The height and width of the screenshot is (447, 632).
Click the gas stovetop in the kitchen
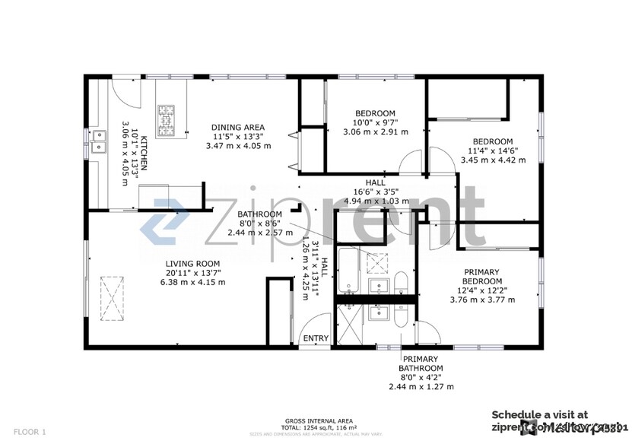click(x=166, y=119)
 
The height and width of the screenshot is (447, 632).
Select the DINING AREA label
click(x=237, y=127)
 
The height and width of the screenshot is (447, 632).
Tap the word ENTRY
click(x=316, y=339)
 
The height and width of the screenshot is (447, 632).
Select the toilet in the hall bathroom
click(x=402, y=285)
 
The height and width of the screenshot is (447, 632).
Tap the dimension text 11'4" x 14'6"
click(x=493, y=151)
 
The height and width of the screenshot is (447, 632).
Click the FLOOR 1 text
click(x=29, y=432)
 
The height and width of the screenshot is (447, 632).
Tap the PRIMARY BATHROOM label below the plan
click(x=421, y=363)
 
